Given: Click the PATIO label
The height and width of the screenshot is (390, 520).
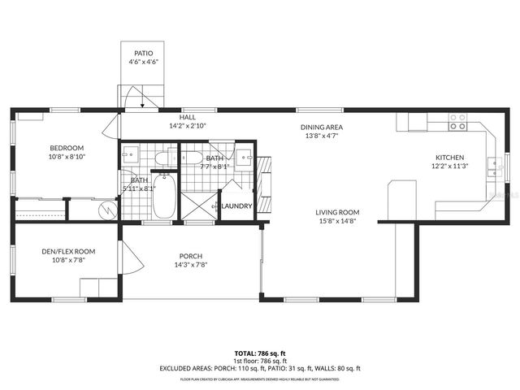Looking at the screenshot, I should (x=144, y=53).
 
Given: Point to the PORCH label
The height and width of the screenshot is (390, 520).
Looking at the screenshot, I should (x=191, y=256).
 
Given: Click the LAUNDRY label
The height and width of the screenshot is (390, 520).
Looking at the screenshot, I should (x=237, y=206).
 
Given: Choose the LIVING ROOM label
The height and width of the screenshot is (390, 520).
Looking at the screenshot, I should (x=337, y=213).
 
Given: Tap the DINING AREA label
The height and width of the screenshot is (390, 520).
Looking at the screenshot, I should (x=322, y=128).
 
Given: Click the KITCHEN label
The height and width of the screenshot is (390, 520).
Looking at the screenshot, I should (x=449, y=157).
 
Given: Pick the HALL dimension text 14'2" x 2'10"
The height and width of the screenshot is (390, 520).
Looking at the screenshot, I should (x=188, y=127).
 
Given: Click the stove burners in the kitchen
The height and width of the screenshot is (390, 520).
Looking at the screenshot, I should (x=458, y=122).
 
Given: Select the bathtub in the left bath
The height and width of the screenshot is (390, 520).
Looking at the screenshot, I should (x=164, y=200).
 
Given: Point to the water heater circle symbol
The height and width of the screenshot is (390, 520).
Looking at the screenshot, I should (x=106, y=210).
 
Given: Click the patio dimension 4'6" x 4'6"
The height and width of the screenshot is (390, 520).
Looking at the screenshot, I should (x=144, y=62).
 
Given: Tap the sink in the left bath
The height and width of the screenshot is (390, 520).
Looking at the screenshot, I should (x=130, y=153).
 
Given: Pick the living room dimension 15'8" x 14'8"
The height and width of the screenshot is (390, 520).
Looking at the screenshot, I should (x=337, y=221).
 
